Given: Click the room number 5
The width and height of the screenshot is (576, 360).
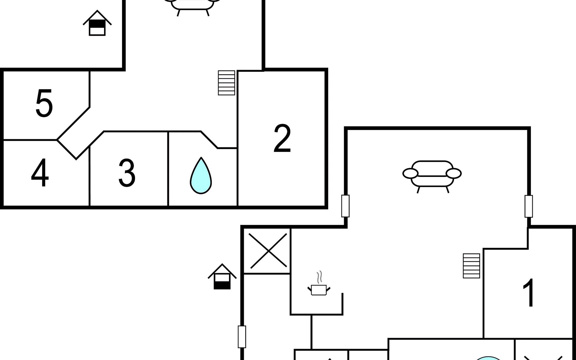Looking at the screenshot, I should click(44, 103).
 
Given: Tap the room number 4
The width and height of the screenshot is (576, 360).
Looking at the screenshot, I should click(40, 172).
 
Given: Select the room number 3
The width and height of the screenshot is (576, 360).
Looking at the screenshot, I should click(127, 172).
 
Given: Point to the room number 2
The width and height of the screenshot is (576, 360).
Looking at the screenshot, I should click(282, 138).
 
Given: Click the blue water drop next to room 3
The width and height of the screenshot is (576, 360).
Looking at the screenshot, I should click(201, 176).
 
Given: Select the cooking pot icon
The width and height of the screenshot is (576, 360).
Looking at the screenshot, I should click(319, 290).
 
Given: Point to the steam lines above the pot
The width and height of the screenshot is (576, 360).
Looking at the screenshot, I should click(320, 277).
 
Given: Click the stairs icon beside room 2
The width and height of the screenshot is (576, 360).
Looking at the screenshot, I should click(226, 83).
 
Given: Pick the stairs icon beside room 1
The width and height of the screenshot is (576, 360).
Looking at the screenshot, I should click(471, 266).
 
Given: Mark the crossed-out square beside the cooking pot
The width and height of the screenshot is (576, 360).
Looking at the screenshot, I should click(268, 251).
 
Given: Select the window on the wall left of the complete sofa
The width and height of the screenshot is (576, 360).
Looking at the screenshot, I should click(345, 206).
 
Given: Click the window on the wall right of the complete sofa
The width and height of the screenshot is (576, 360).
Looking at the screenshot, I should click(529, 206).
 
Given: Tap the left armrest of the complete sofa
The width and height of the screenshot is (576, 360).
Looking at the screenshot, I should click(410, 173).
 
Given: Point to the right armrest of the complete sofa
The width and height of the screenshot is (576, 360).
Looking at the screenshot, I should click(454, 173).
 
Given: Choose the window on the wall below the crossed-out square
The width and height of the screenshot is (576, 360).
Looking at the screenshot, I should click(242, 337).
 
